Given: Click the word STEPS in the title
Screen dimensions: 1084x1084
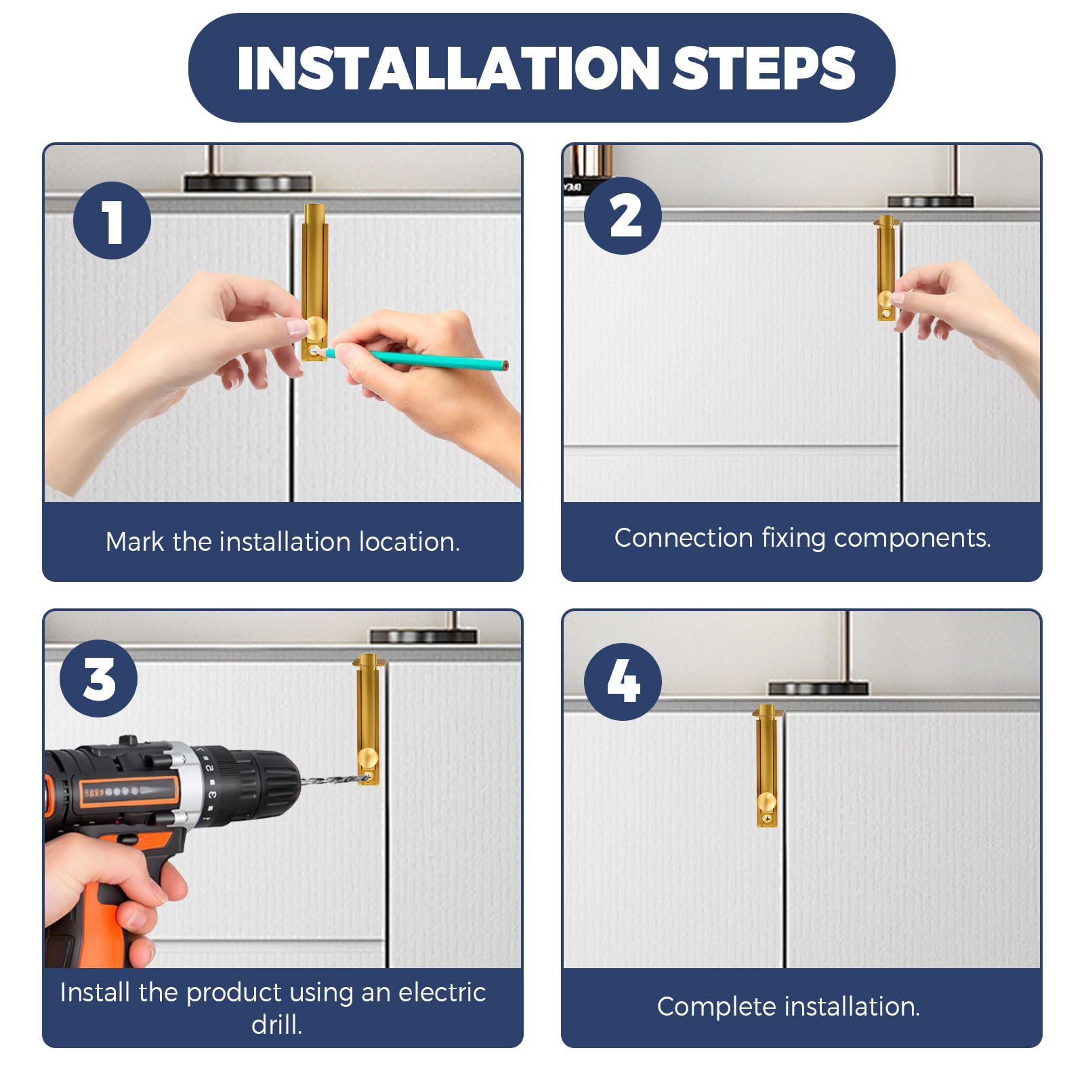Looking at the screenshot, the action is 764,68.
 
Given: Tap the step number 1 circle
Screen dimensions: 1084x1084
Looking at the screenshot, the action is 112,220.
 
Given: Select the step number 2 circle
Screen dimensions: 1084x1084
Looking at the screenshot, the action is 623,216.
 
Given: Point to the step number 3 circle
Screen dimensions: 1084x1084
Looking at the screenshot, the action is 99,678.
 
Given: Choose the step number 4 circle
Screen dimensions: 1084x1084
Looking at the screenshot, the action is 623,682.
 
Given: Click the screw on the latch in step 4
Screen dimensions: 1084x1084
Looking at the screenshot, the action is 767,820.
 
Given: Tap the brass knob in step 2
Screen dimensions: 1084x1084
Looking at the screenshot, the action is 885,299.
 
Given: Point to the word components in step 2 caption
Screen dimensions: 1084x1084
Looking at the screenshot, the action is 913,539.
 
